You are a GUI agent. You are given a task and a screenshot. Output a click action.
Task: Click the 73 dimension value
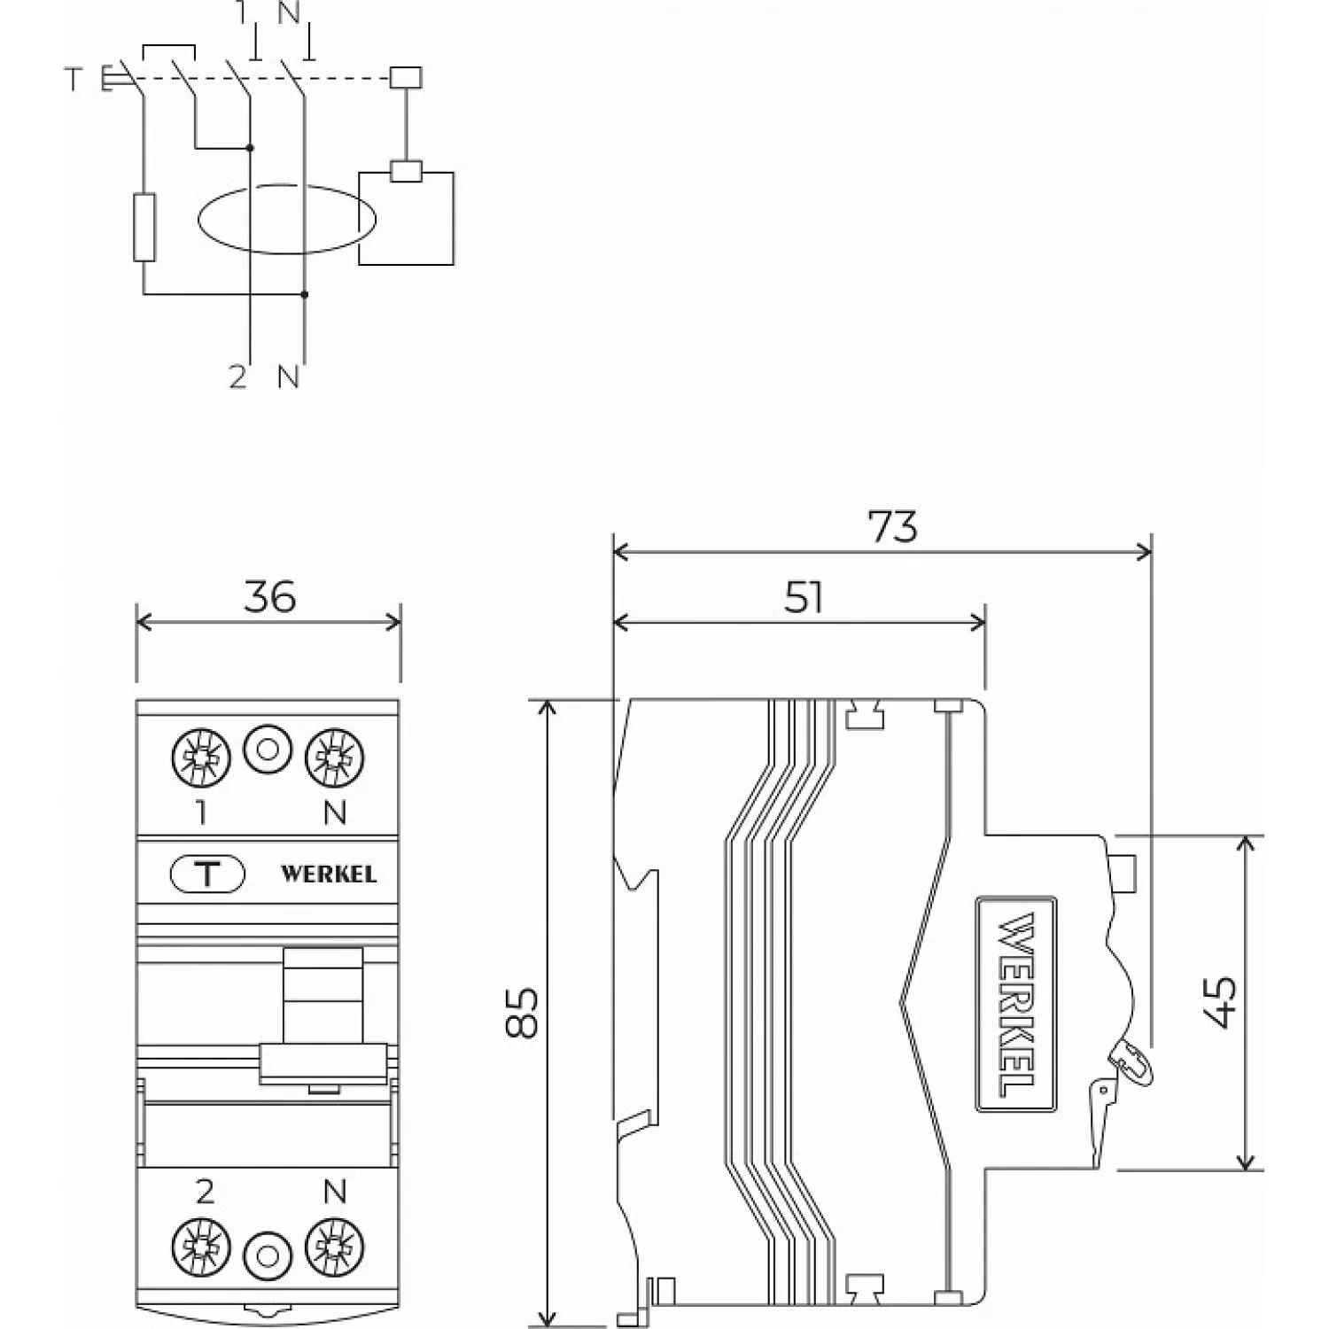(893, 527)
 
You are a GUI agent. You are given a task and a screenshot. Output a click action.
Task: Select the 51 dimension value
(804, 598)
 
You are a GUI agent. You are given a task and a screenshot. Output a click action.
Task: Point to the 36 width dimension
(269, 597)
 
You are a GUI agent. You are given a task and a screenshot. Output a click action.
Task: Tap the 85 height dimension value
(523, 1012)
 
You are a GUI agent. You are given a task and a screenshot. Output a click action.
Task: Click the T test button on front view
(206, 874)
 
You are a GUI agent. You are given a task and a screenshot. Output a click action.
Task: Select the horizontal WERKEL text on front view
(329, 874)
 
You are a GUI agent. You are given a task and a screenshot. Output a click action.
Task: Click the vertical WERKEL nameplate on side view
(1016, 1003)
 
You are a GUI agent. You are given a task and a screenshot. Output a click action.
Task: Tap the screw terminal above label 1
(200, 758)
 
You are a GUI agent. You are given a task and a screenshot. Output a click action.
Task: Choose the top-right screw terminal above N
(334, 758)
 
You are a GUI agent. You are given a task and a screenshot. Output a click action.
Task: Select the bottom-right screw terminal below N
(334, 1247)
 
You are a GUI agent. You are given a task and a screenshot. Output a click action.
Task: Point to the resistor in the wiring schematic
(144, 228)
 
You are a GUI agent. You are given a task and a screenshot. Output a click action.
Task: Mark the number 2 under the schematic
(237, 377)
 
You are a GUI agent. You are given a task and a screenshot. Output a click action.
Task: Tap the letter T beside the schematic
(73, 81)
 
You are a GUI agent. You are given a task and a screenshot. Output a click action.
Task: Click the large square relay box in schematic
(406, 218)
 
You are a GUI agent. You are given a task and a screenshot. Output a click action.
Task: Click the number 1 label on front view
(202, 812)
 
